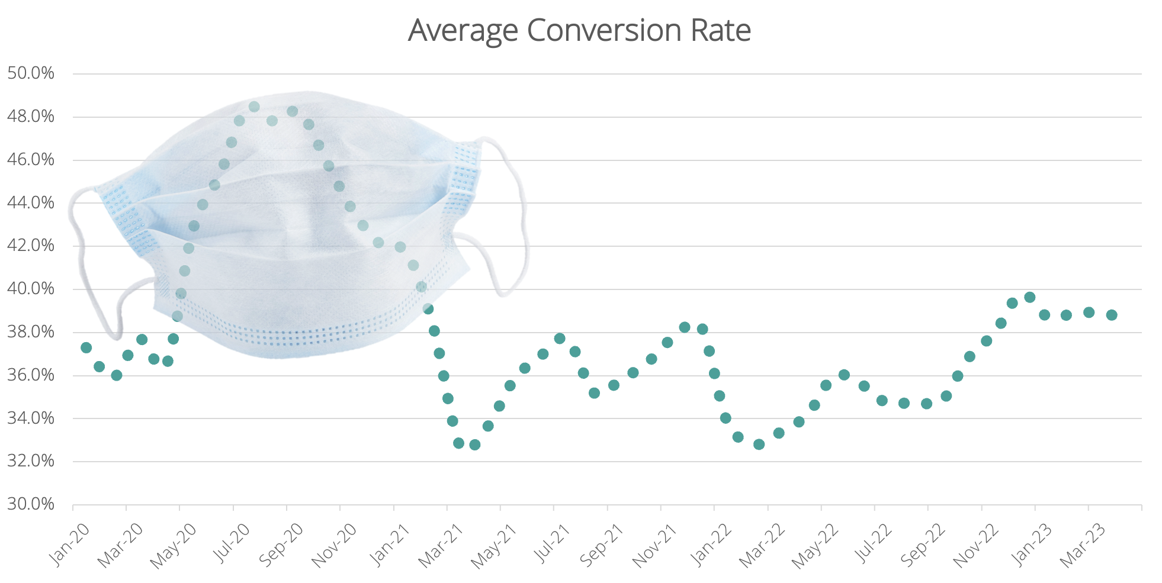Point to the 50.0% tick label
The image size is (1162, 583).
pyautogui.click(x=31, y=73)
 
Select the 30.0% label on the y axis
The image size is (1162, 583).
pyautogui.click(x=31, y=504)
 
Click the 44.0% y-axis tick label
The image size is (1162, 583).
pyautogui.click(x=31, y=203)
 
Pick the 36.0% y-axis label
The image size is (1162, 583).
pyautogui.click(x=31, y=375)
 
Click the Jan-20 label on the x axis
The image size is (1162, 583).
pyautogui.click(x=69, y=546)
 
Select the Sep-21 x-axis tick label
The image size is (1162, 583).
pyautogui.click(x=602, y=546)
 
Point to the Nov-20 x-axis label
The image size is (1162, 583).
pyautogui.click(x=334, y=546)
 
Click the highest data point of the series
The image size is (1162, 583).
pyautogui.click(x=254, y=107)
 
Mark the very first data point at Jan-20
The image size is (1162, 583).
pyautogui.click(x=86, y=347)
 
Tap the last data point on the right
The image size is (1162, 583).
pyautogui.click(x=1112, y=315)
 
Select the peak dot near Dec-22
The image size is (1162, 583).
pyautogui.click(x=1030, y=297)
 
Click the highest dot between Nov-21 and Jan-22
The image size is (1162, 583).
pyautogui.click(x=685, y=327)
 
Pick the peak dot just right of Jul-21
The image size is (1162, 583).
pyautogui.click(x=560, y=339)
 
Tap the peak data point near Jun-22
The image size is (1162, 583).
pyautogui.click(x=845, y=375)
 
